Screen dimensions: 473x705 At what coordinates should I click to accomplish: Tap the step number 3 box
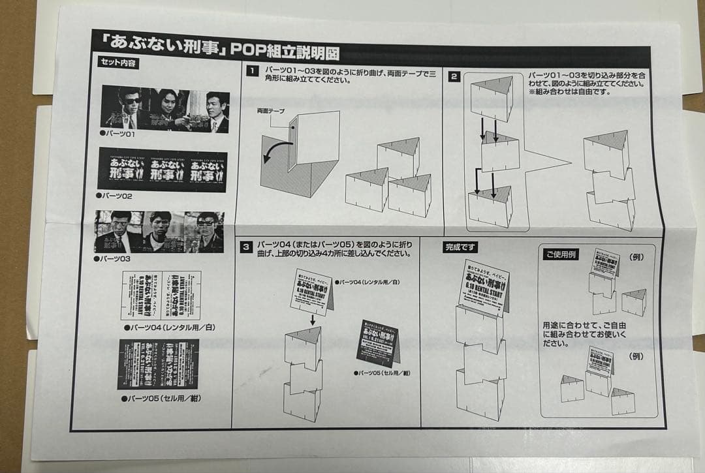click(x=245, y=247)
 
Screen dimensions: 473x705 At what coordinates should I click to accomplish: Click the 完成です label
click(x=461, y=247)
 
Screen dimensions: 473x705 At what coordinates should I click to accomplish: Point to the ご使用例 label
click(x=561, y=254)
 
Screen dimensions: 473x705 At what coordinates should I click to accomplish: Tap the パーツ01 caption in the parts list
click(x=117, y=134)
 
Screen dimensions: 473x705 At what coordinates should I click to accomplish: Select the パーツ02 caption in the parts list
click(x=115, y=196)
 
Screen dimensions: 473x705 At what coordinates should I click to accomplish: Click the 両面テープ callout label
click(x=271, y=112)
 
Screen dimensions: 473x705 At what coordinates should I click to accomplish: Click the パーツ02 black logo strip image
click(x=162, y=169)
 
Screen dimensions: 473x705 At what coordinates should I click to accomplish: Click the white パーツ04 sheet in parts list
click(x=161, y=296)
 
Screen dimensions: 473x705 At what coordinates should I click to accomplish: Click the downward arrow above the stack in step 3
click(x=313, y=320)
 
